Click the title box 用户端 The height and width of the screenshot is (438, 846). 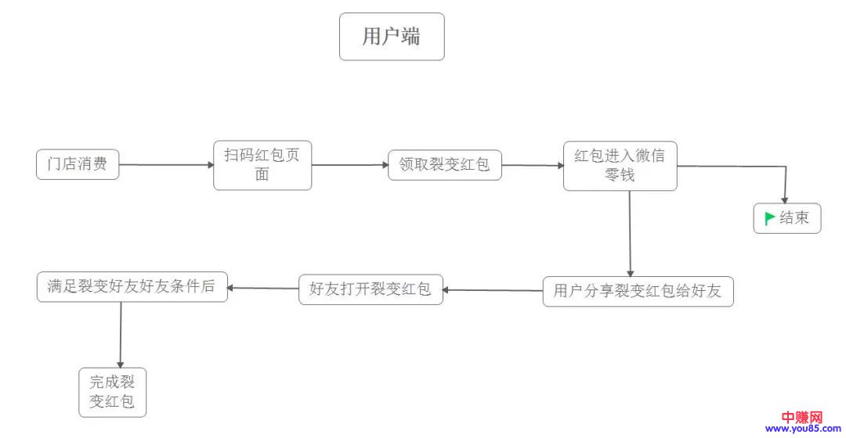(x=392, y=37)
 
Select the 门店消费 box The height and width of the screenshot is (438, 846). (x=78, y=164)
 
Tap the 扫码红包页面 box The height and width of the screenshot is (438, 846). (x=262, y=165)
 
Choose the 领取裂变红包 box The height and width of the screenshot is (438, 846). (x=444, y=165)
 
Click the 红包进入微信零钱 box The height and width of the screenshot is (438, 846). (x=620, y=166)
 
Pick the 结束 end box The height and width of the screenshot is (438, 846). (x=787, y=218)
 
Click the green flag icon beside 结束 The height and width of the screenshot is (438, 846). (x=770, y=218)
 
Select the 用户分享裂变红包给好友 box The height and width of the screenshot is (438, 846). (x=638, y=291)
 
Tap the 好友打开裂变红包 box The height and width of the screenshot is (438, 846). (x=371, y=289)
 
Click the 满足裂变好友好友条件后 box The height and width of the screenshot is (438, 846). (x=132, y=286)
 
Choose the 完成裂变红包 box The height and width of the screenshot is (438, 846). (x=113, y=393)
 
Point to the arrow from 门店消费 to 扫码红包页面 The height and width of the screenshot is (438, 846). (x=166, y=165)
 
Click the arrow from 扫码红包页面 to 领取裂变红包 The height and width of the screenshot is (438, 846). (x=349, y=165)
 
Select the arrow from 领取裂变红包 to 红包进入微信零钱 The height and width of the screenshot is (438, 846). (x=533, y=166)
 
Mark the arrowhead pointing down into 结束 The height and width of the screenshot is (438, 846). (x=785, y=199)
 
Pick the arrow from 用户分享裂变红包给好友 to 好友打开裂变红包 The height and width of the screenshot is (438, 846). (x=493, y=291)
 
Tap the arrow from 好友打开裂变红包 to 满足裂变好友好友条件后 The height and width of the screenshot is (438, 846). (x=263, y=288)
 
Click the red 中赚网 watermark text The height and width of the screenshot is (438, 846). (x=800, y=417)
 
